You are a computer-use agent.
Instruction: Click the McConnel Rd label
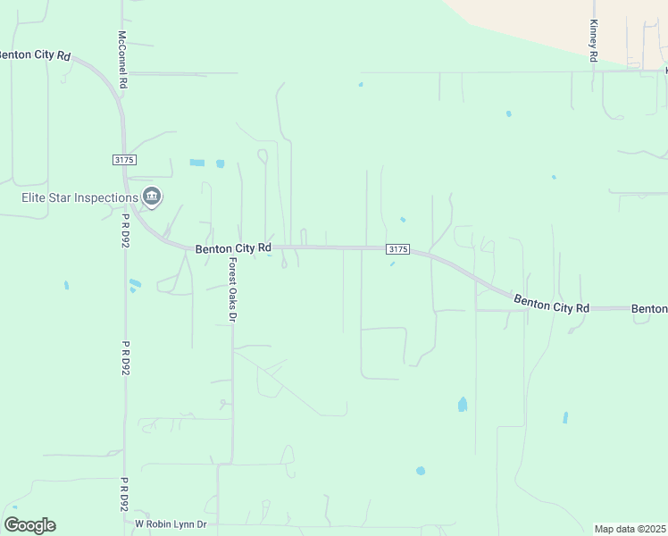pyautogui.click(x=123, y=60)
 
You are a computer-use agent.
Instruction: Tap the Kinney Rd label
pyautogui.click(x=593, y=42)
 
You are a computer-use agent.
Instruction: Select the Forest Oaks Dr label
pyautogui.click(x=232, y=290)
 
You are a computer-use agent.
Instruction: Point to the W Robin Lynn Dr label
pyautogui.click(x=171, y=524)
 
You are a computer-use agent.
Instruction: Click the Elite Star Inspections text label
pyautogui.click(x=79, y=197)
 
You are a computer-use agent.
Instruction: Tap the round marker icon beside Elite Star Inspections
pyautogui.click(x=151, y=197)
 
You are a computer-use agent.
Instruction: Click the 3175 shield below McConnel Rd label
pyautogui.click(x=124, y=159)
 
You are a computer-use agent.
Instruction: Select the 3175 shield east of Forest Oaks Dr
pyautogui.click(x=397, y=249)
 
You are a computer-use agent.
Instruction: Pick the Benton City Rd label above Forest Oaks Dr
pyautogui.click(x=233, y=248)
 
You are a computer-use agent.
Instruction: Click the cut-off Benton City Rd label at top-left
pyautogui.click(x=34, y=54)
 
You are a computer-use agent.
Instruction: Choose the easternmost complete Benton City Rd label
pyautogui.click(x=551, y=302)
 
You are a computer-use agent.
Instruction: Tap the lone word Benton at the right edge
pyautogui.click(x=649, y=309)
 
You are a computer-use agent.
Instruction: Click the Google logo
pyautogui.click(x=29, y=525)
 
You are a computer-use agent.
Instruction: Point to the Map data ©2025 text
pyautogui.click(x=630, y=529)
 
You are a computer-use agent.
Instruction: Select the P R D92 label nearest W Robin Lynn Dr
pyautogui.click(x=124, y=494)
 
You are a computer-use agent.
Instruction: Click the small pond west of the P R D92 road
pyautogui.click(x=66, y=286)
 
